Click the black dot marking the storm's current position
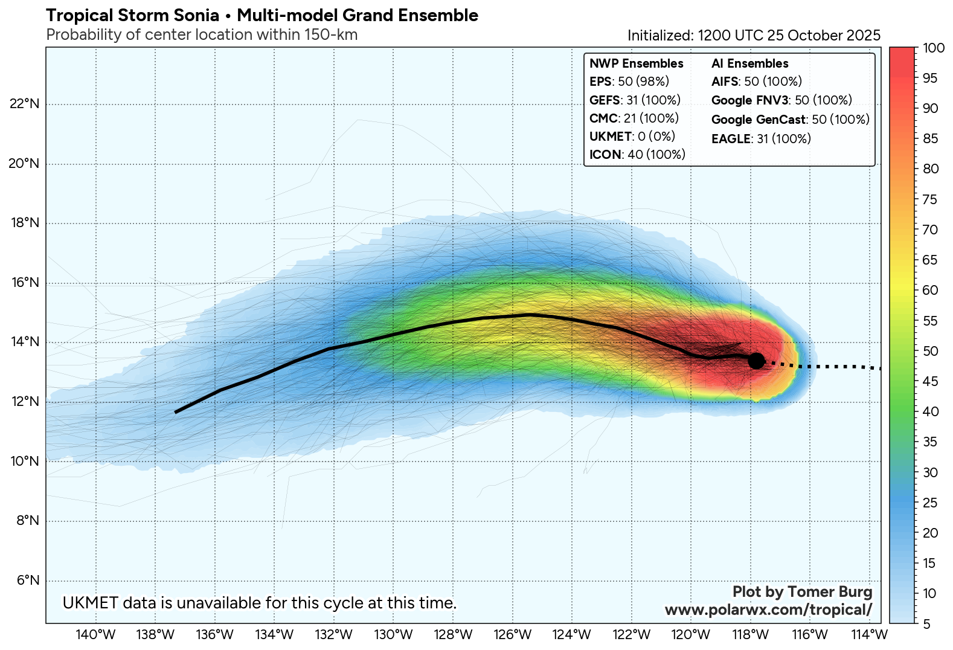click(756, 361)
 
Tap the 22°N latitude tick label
click(25, 104)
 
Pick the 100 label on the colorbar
click(934, 48)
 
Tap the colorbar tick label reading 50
click(931, 351)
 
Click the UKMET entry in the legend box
click(632, 137)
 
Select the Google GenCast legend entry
click(790, 120)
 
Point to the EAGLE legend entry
click(761, 139)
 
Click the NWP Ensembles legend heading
click(636, 63)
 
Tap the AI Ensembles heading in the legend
click(749, 63)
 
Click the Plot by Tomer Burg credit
click(802, 592)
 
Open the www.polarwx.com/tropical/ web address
click(768, 610)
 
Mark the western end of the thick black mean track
click(176, 412)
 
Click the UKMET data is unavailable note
click(260, 603)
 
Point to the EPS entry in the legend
click(629, 82)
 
